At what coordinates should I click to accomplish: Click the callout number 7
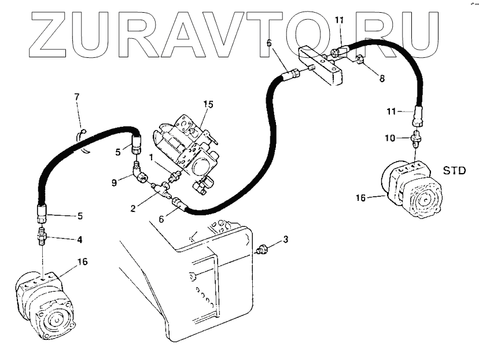[x=77, y=96]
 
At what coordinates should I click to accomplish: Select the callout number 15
[x=208, y=105]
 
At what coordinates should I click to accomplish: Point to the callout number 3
[x=285, y=238]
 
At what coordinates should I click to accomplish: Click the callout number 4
[x=79, y=238]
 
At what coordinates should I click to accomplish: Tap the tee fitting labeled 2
[x=160, y=188]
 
